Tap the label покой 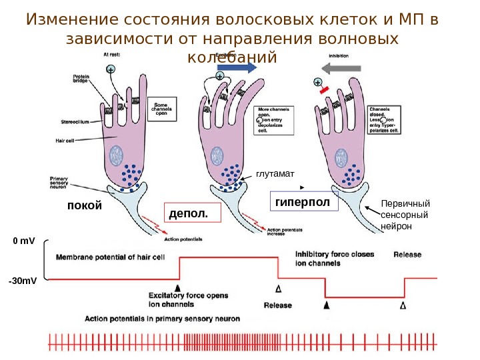pyautogui.click(x=85, y=205)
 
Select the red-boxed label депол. pyautogui.click(x=190, y=213)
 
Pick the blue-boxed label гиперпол pyautogui.click(x=303, y=201)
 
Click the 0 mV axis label pyautogui.click(x=23, y=240)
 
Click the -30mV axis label pyautogui.click(x=23, y=281)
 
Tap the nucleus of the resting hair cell pyautogui.click(x=117, y=155)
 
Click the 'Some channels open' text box pyautogui.click(x=161, y=109)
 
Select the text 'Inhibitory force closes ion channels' pyautogui.click(x=335, y=259)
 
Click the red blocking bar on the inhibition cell pyautogui.click(x=325, y=89)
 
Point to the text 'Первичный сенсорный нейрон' pyautogui.click(x=405, y=215)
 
